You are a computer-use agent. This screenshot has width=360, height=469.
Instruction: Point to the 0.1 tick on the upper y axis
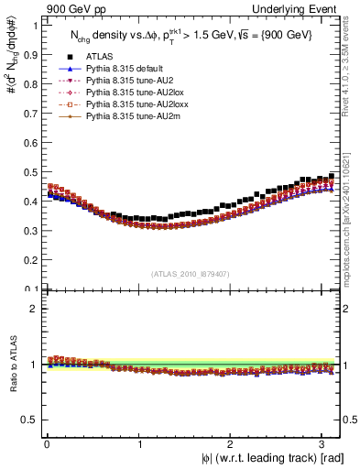tap(31, 289)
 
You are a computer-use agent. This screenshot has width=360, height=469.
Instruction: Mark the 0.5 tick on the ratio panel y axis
tap(31, 420)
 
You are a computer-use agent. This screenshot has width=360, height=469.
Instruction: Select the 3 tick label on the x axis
tap(321, 445)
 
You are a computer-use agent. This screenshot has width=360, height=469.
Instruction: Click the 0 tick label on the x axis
tap(47, 445)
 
